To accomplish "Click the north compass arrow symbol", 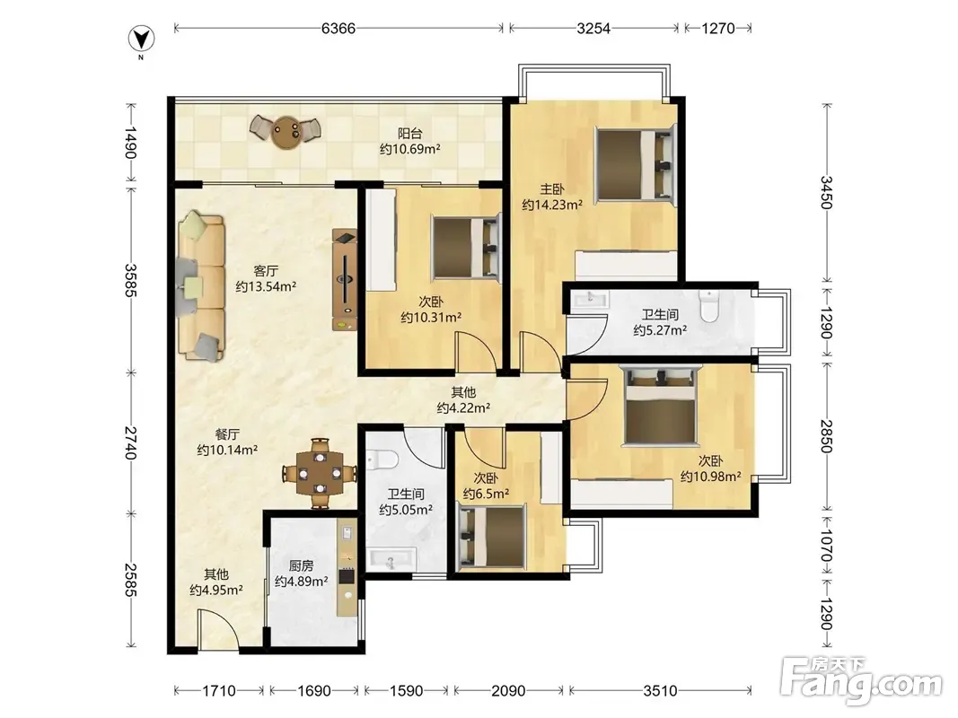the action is [x=141, y=39].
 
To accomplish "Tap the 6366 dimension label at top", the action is [x=338, y=28].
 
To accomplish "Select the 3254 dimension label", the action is [x=593, y=28].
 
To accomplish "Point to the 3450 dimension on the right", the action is [x=826, y=192].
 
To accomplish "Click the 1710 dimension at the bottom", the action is [x=219, y=690].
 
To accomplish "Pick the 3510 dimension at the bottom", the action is [x=660, y=690].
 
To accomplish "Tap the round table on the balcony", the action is [x=286, y=131].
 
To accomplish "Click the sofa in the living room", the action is [x=202, y=285].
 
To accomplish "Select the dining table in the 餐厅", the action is [x=320, y=473].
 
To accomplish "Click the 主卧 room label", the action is [x=551, y=190].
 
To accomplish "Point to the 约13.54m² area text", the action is [x=266, y=286].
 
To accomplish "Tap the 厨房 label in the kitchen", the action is [x=301, y=566].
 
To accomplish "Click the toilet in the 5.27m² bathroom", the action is [x=709, y=306].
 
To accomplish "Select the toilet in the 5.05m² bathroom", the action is [x=382, y=458].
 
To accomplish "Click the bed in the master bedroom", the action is [x=637, y=164].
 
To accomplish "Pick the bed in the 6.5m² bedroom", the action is [x=492, y=536].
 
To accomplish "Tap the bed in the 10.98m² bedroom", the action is [x=661, y=404].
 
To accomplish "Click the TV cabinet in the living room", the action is [x=345, y=280].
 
